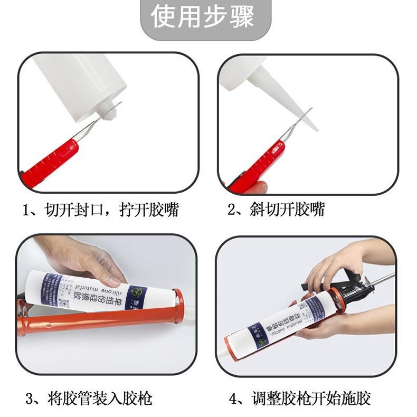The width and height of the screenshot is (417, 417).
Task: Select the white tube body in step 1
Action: (x=84, y=79)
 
